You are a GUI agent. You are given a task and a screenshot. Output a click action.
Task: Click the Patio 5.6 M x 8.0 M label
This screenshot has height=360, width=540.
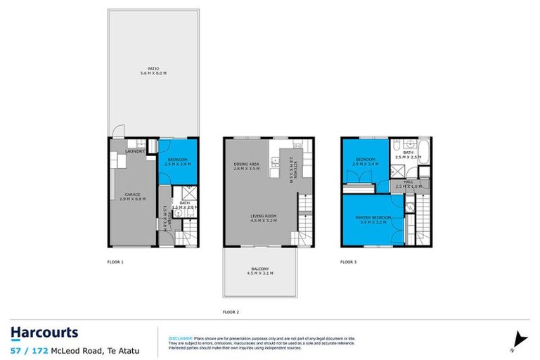tap(153, 71)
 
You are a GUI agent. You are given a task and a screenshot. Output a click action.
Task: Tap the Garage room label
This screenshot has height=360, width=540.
tap(134, 197)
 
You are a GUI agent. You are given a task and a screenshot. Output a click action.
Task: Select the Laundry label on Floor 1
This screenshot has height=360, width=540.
tap(135, 151)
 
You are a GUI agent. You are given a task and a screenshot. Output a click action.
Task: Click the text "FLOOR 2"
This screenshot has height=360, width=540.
tap(231, 311)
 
